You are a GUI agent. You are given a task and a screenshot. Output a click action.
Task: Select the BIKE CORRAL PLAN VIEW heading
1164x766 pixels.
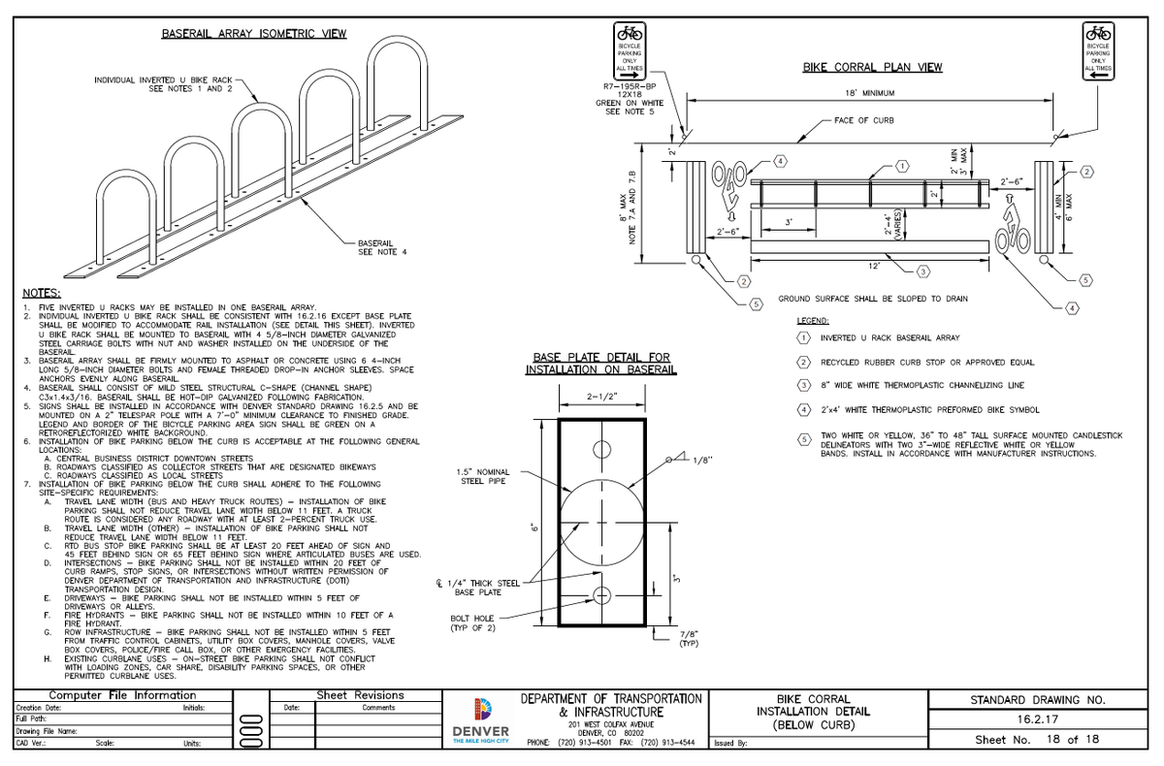point(873,68)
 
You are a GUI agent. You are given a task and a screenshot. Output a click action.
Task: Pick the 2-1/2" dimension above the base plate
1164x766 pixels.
point(600,396)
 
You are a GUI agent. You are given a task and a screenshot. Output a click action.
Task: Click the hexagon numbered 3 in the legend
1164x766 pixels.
point(803,386)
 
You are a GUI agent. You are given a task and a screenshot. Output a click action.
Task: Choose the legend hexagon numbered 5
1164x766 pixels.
point(803,439)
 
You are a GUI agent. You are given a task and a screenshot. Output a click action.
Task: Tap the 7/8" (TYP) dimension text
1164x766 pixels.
point(691,637)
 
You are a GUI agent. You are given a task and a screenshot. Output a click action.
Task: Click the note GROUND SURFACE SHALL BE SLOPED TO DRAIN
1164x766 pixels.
point(872,299)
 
